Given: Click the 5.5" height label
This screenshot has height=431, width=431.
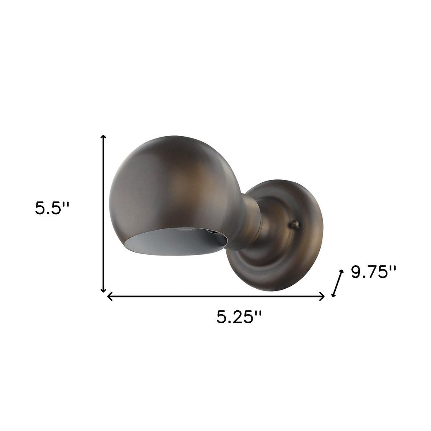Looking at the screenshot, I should [52, 208].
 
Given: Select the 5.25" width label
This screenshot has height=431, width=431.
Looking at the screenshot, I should [239, 318].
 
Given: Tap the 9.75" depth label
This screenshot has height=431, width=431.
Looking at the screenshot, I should [373, 272].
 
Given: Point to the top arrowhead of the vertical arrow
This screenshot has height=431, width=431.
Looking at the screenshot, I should [103, 137].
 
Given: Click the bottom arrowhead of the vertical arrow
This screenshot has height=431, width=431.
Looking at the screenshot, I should [103, 290].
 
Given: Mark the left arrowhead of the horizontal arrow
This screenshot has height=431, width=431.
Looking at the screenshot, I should [109, 297].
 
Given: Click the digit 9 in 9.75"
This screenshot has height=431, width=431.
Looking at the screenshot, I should [356, 272].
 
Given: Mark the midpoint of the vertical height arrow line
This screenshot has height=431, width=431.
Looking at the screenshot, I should [103, 213].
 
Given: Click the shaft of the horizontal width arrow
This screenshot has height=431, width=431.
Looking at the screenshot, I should [215, 297].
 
